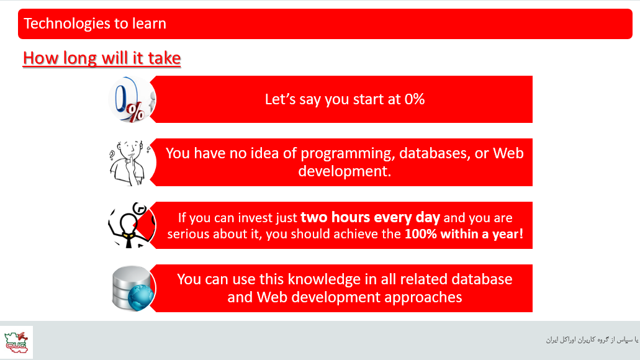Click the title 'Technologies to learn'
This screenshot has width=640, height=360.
click(x=95, y=24)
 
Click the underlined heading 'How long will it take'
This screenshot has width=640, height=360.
click(x=102, y=58)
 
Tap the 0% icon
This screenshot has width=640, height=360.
click(x=132, y=99)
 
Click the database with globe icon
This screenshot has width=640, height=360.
click(x=133, y=288)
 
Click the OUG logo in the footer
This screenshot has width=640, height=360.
click(x=16, y=342)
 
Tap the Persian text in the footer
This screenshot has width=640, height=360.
click(x=592, y=340)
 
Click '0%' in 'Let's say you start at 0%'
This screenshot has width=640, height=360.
click(x=415, y=99)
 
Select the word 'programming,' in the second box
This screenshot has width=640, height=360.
click(x=348, y=153)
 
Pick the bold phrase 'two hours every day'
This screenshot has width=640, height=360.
click(x=370, y=217)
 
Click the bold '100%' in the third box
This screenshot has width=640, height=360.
click(x=421, y=234)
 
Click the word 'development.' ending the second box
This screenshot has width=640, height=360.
click(x=345, y=171)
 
